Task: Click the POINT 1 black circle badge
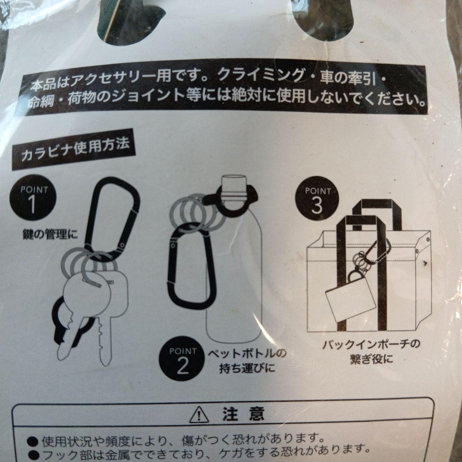[x=33, y=197]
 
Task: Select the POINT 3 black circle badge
[x=317, y=198]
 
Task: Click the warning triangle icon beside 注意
[x=199, y=415]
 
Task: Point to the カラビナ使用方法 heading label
[x=75, y=150]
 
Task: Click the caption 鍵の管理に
[x=50, y=234]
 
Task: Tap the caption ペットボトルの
[x=247, y=353]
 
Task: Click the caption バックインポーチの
[x=371, y=344]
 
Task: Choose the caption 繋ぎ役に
[x=371, y=359]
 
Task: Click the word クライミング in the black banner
[x=261, y=76]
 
